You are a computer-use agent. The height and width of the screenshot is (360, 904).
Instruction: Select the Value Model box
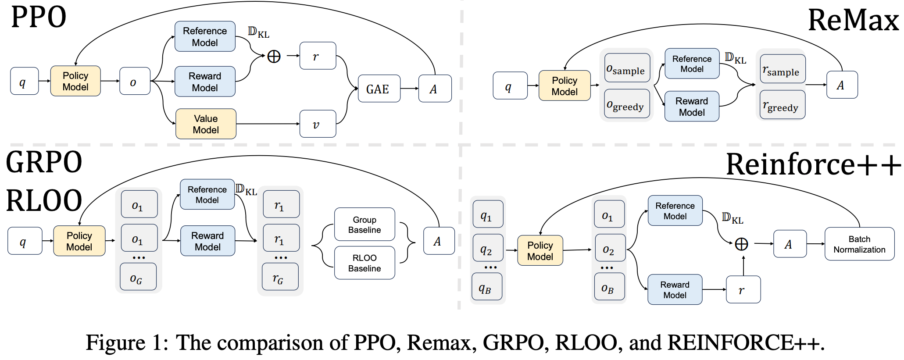tap(206, 124)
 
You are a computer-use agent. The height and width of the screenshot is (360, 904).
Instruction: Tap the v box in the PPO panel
tap(318, 124)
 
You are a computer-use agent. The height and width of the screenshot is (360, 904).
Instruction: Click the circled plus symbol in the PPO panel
tap(274, 57)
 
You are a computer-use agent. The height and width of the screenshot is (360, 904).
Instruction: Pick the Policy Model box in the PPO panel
tap(75, 81)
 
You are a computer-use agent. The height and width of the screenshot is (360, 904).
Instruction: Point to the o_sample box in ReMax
tap(627, 68)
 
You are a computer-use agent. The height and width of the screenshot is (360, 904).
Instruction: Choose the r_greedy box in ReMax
tap(782, 105)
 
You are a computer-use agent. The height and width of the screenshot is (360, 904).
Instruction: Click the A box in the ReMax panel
tap(841, 85)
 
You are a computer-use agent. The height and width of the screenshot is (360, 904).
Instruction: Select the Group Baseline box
tap(364, 225)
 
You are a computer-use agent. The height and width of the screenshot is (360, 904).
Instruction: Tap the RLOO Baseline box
tap(364, 263)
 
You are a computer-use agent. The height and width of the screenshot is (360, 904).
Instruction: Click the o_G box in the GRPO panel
tap(138, 277)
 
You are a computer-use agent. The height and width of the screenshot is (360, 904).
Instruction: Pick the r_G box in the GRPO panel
tap(280, 277)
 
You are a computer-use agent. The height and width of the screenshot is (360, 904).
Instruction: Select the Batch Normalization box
tap(859, 244)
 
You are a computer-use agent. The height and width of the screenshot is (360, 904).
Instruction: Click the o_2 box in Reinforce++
tap(609, 249)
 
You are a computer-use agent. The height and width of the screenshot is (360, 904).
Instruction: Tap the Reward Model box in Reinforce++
tap(675, 289)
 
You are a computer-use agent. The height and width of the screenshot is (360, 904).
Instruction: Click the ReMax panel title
tap(853, 21)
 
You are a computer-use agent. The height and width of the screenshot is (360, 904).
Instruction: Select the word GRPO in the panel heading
tap(44, 162)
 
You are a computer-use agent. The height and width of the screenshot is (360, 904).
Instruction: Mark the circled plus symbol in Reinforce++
tap(741, 244)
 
